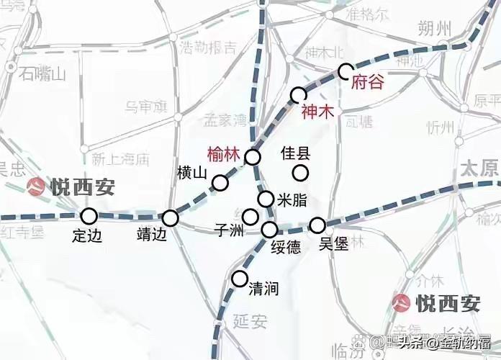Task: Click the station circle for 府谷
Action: [x=346, y=71]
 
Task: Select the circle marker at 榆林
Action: [x=253, y=158]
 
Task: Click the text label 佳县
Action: [x=294, y=153]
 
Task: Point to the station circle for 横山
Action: [x=220, y=183]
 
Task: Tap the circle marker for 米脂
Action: [x=266, y=199]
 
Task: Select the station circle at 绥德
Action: [x=270, y=230]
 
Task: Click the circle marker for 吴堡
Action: [x=317, y=225]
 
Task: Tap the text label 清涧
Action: [x=263, y=289]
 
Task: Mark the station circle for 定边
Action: [x=89, y=215]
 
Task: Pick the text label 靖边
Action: [x=153, y=234]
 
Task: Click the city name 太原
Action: [x=479, y=169]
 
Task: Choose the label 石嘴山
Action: [x=42, y=73]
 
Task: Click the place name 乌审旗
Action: [x=145, y=107]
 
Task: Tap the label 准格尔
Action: [x=368, y=14]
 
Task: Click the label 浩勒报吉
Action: [x=209, y=48]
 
